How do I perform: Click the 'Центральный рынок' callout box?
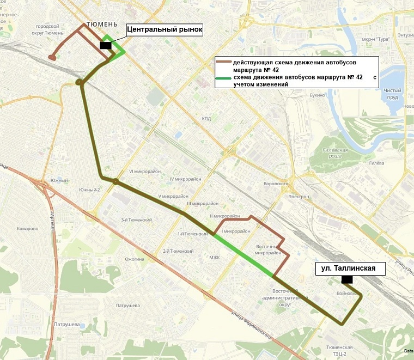click(x=165, y=30)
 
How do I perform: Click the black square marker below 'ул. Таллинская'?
click(x=346, y=280)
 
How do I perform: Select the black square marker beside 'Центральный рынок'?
click(x=106, y=46)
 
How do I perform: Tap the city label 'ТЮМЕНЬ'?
click(x=102, y=25)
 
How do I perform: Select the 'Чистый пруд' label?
click(x=392, y=93)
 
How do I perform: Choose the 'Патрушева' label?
click(x=129, y=306)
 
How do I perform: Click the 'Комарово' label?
click(x=27, y=229)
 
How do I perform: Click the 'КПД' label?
click(x=206, y=118)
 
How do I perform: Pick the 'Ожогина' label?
click(x=135, y=259)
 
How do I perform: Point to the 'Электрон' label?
click(x=299, y=196)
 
